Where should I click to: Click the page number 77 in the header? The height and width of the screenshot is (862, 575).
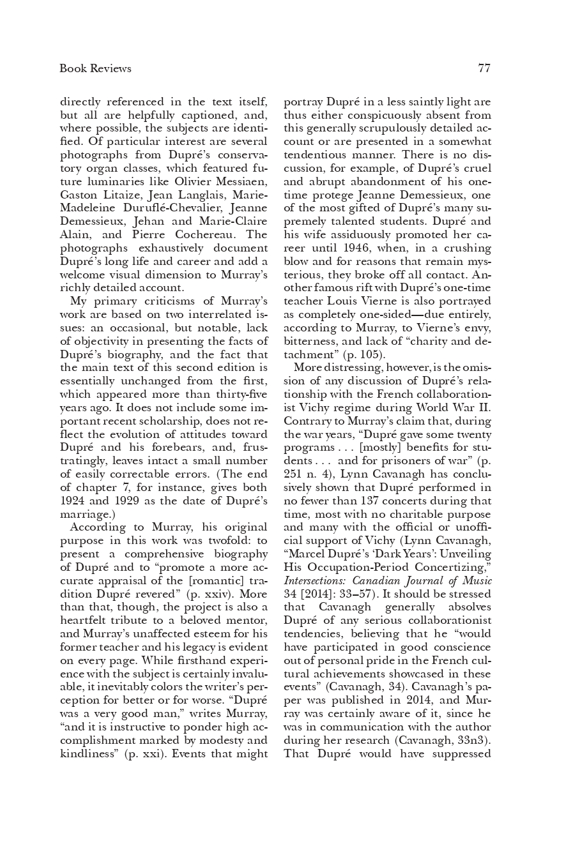[x=484, y=68]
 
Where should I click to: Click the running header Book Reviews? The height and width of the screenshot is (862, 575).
[x=95, y=68]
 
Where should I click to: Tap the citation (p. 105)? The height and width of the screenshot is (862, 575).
[x=362, y=354]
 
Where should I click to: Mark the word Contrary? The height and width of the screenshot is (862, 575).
[x=306, y=421]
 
